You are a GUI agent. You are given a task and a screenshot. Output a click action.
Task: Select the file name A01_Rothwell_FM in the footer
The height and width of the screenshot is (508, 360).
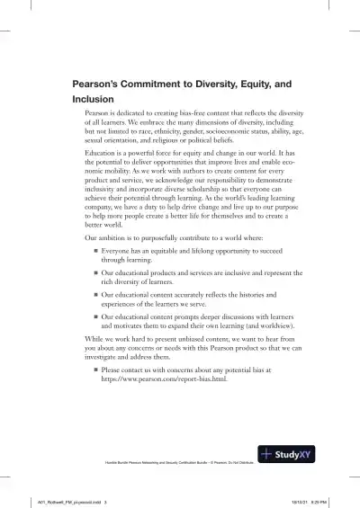pos(45,502)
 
